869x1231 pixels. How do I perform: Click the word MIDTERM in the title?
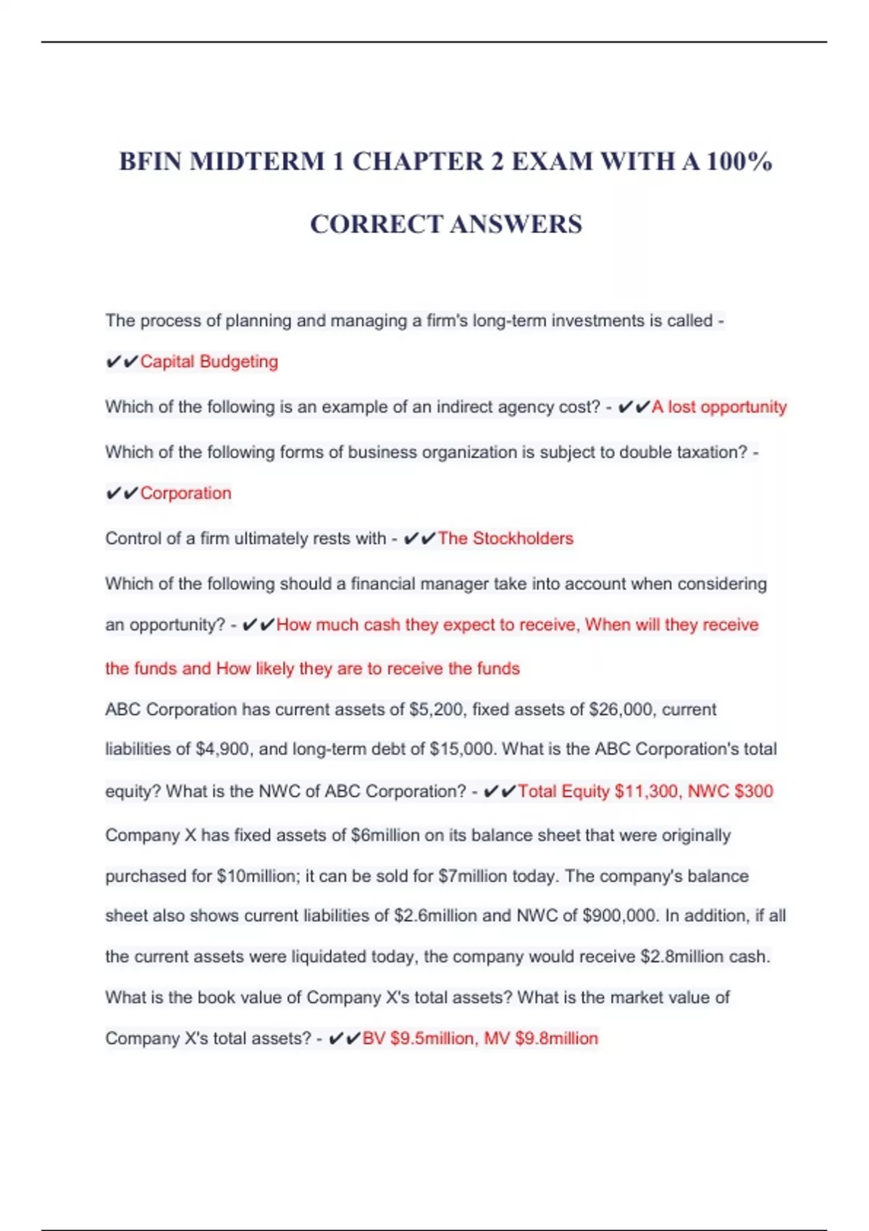257,161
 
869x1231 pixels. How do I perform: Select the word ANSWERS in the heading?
516,224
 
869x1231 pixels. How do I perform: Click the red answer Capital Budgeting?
209,361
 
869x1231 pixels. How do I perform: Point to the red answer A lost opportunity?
718,407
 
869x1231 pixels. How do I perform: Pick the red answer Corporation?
185,493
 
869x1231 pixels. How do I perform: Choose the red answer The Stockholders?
505,539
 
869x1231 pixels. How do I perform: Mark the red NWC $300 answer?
730,791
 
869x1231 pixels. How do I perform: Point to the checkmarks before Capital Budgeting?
122,361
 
